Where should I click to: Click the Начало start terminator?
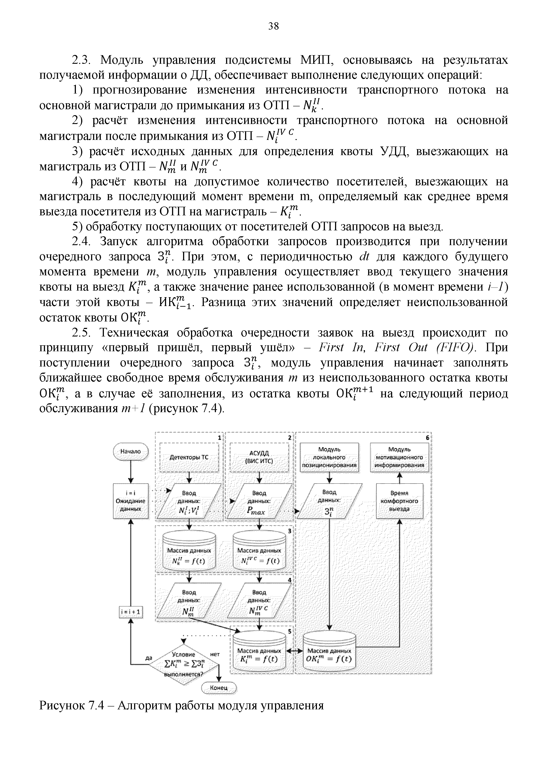click(x=131, y=451)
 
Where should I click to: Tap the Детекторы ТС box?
click(x=189, y=457)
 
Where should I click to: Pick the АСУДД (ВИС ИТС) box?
click(x=259, y=457)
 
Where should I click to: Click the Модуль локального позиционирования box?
click(x=329, y=457)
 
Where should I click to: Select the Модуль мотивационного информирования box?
click(x=399, y=457)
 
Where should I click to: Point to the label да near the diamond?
click(x=148, y=658)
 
